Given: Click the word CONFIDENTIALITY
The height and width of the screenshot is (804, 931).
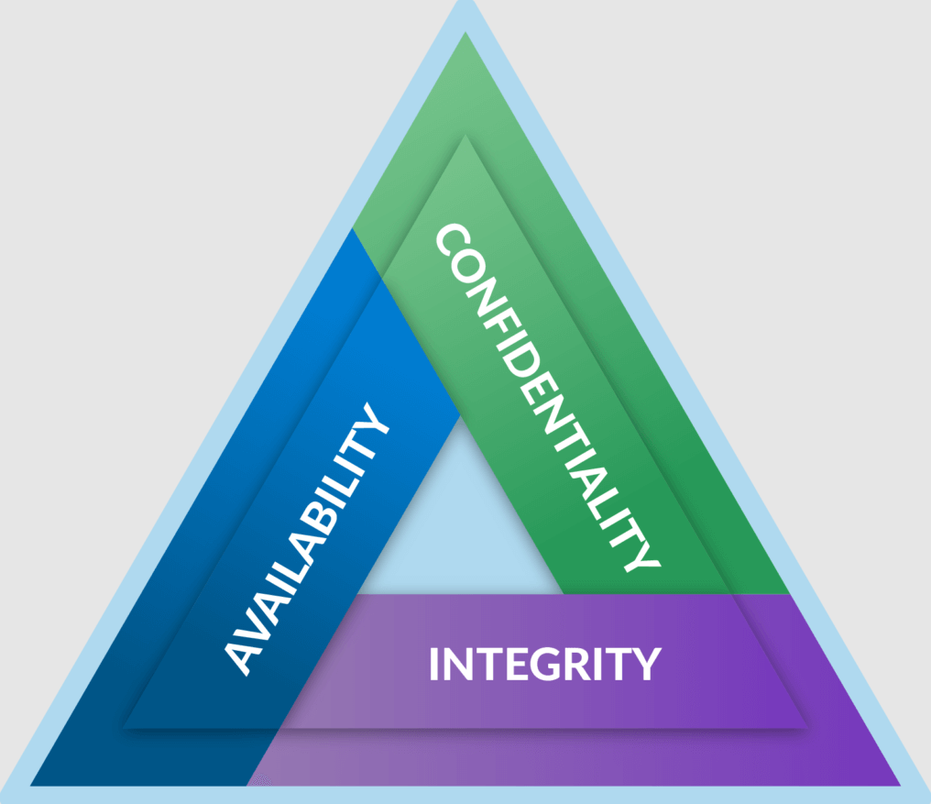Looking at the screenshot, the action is (546, 399).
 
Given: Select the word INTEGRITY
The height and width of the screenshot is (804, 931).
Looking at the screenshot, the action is (544, 664).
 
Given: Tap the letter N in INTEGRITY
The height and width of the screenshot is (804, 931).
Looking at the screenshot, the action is (462, 664).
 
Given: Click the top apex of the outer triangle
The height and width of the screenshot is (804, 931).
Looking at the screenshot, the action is (466, 7).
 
